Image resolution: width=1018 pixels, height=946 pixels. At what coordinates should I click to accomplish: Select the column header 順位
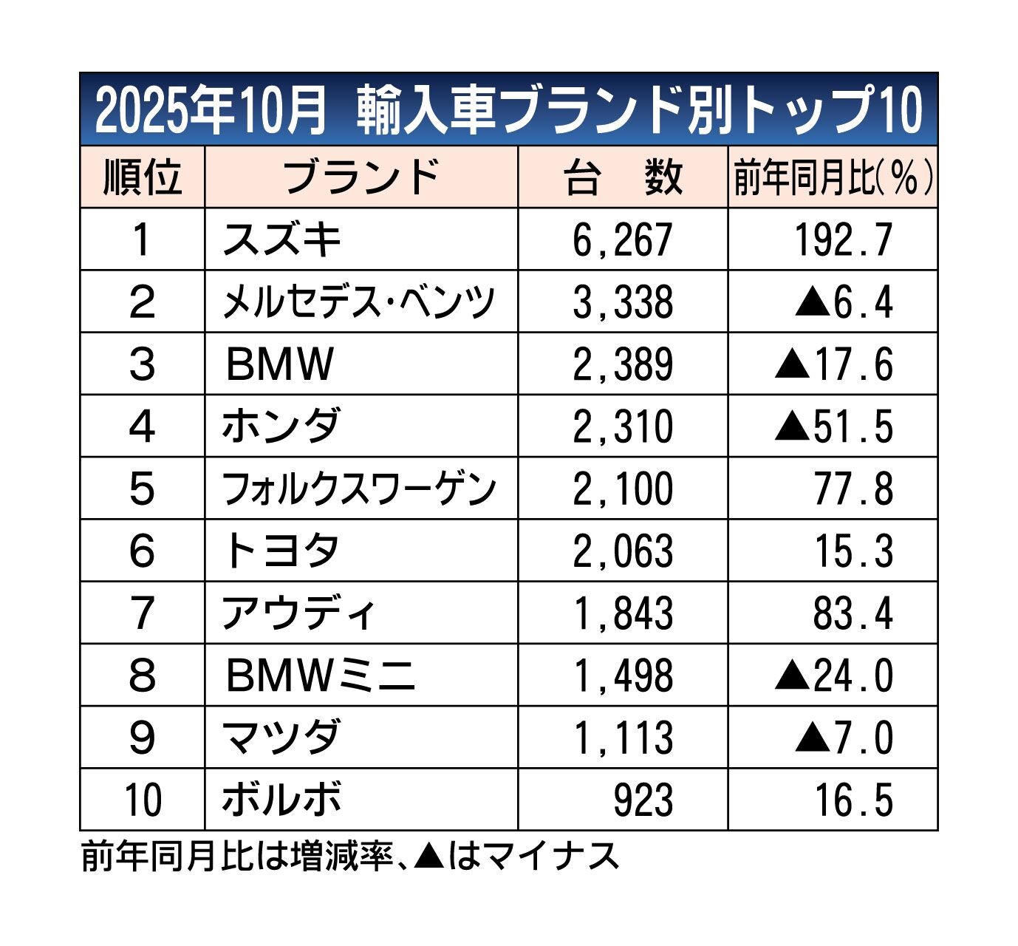pos(142,177)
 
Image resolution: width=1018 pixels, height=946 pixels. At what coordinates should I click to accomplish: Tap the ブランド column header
pos(361,177)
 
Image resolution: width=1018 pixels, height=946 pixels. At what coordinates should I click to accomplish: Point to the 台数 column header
pos(623,177)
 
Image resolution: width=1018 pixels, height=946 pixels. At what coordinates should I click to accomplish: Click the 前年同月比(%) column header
pos(833,177)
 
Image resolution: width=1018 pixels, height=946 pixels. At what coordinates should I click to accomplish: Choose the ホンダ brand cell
pos(281,426)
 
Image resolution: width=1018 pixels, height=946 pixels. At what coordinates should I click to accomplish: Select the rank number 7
pos(142,613)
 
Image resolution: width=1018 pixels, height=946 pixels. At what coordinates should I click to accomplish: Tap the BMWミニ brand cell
pos(321,676)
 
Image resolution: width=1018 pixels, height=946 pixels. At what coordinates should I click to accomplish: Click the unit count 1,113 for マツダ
pos(623,738)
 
